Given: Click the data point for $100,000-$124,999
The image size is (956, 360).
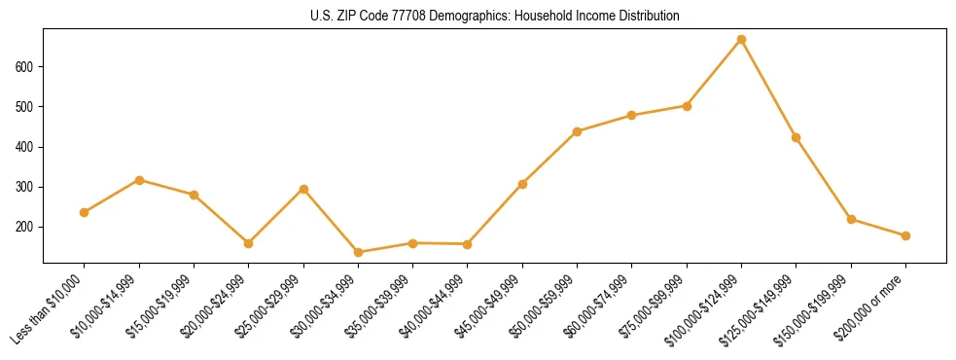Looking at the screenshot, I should (742, 39).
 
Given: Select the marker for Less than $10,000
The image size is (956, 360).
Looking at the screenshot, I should (85, 212).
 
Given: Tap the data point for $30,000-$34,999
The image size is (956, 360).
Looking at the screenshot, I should (358, 252).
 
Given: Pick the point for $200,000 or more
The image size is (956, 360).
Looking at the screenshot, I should (906, 235).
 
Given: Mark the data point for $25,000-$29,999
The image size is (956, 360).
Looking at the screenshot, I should (303, 189).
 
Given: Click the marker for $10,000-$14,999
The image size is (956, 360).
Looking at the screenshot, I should (139, 180).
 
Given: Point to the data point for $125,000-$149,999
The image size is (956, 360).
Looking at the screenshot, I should (797, 137).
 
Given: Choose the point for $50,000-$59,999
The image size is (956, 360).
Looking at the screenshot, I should (578, 131).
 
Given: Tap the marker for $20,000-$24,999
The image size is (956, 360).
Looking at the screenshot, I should (249, 243).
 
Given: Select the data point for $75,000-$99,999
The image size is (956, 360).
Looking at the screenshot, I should (687, 106).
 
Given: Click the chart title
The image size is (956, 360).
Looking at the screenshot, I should (494, 17).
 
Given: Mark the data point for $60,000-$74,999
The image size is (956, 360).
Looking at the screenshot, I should (632, 115).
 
